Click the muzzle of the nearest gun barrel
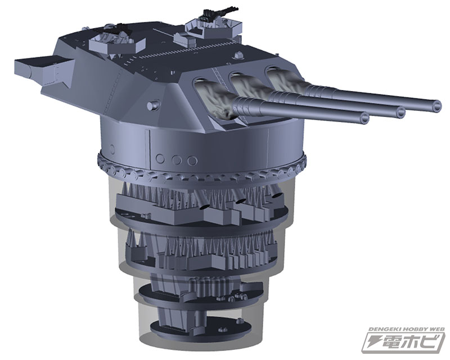[364, 118]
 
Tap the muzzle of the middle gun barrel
[400, 112]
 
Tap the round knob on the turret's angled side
[150, 106]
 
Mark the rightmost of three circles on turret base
[192, 161]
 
